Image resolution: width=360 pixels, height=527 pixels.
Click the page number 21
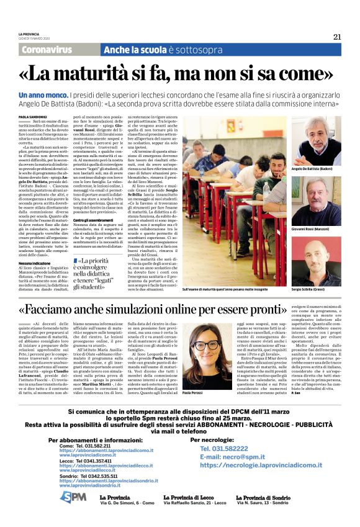(x=336, y=37)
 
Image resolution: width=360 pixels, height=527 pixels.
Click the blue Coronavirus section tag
(x=47, y=49)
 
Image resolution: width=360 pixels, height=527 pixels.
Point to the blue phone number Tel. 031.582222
(x=225, y=448)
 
